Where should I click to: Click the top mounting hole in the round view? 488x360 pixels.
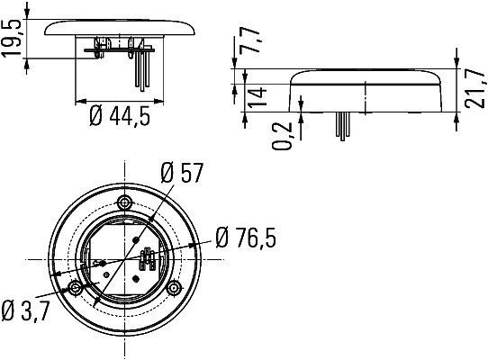(124, 202)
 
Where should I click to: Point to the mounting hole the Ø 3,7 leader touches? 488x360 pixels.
(74, 288)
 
